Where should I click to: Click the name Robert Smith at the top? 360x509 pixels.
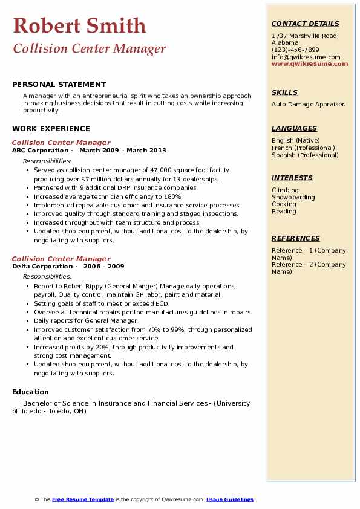(79, 25)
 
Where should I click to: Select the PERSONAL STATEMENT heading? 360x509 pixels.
(59, 85)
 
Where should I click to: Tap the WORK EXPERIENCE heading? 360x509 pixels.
(51, 128)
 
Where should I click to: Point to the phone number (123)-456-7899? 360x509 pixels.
(295, 50)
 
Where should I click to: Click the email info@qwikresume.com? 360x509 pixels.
(306, 57)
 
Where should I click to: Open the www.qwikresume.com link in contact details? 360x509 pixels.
(310, 63)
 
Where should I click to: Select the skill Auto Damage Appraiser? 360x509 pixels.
(308, 104)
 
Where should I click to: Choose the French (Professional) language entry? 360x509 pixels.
(303, 148)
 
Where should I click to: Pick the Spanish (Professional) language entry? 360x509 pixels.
(305, 155)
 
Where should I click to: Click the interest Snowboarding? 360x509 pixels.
(293, 197)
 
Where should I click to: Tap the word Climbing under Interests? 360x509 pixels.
(285, 190)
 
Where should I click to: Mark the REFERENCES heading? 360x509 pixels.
(296, 238)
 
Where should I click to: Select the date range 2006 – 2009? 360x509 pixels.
(103, 267)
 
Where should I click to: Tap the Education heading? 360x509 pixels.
(30, 392)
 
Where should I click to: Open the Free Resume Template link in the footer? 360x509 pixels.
(83, 499)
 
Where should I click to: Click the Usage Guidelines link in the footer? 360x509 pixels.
(229, 499)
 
